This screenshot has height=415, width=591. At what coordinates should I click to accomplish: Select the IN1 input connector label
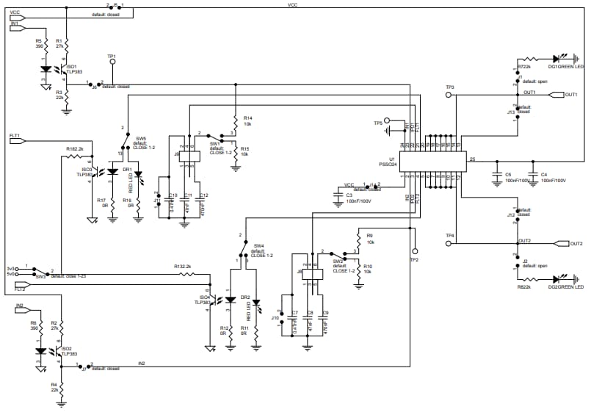point(17,24)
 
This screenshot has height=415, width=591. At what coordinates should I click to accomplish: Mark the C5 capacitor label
point(508,177)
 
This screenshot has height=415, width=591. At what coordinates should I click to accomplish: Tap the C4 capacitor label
point(544,177)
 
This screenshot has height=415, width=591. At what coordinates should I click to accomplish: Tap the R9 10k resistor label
point(370,239)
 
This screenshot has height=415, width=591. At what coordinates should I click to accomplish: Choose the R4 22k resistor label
point(54,389)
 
